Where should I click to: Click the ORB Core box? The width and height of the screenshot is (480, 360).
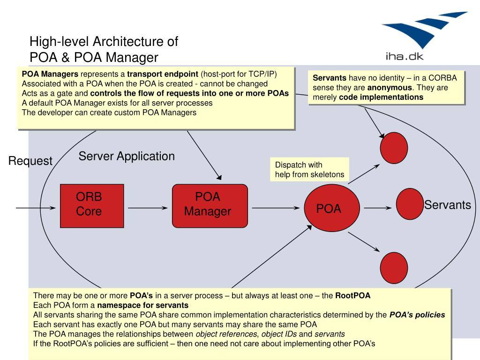(x=92, y=206)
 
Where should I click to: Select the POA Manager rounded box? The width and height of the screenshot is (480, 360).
(x=210, y=206)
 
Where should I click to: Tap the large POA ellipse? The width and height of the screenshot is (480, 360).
(x=332, y=208)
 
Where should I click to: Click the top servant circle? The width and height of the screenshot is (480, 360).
(x=394, y=148)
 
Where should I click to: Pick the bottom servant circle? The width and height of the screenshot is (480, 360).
(x=394, y=268)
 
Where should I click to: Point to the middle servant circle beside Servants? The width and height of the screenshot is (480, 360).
(x=410, y=204)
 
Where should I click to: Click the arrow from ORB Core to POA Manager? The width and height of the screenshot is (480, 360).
(x=148, y=208)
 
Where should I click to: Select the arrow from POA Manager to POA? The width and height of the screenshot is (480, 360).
(x=276, y=208)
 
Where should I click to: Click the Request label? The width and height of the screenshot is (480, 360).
(x=30, y=161)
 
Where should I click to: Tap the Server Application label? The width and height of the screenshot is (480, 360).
(x=127, y=157)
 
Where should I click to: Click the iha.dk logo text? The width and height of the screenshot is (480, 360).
(x=405, y=56)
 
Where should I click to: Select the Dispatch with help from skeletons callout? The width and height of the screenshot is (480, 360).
(x=309, y=170)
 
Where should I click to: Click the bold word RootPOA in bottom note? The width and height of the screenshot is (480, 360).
(x=352, y=295)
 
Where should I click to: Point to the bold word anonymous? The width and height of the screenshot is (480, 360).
(x=390, y=88)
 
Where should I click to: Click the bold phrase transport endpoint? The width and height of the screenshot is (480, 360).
(x=163, y=74)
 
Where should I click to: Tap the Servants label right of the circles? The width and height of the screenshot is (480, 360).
(x=447, y=205)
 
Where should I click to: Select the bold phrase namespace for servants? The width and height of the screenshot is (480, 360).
(x=142, y=305)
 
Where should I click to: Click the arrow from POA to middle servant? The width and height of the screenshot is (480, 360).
(x=378, y=208)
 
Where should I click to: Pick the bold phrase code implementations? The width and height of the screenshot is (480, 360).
(x=381, y=97)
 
